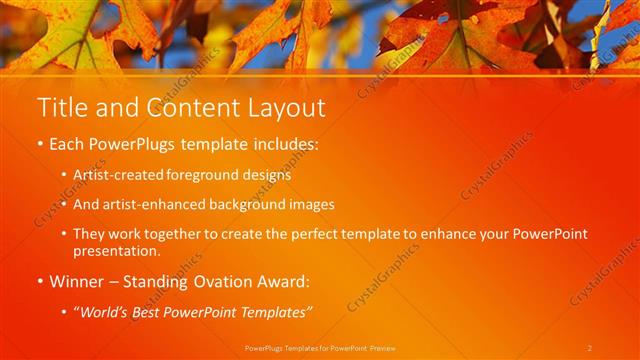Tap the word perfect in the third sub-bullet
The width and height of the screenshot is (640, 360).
click(320, 234)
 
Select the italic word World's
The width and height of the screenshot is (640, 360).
click(105, 313)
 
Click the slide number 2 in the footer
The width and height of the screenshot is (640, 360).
click(590, 348)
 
